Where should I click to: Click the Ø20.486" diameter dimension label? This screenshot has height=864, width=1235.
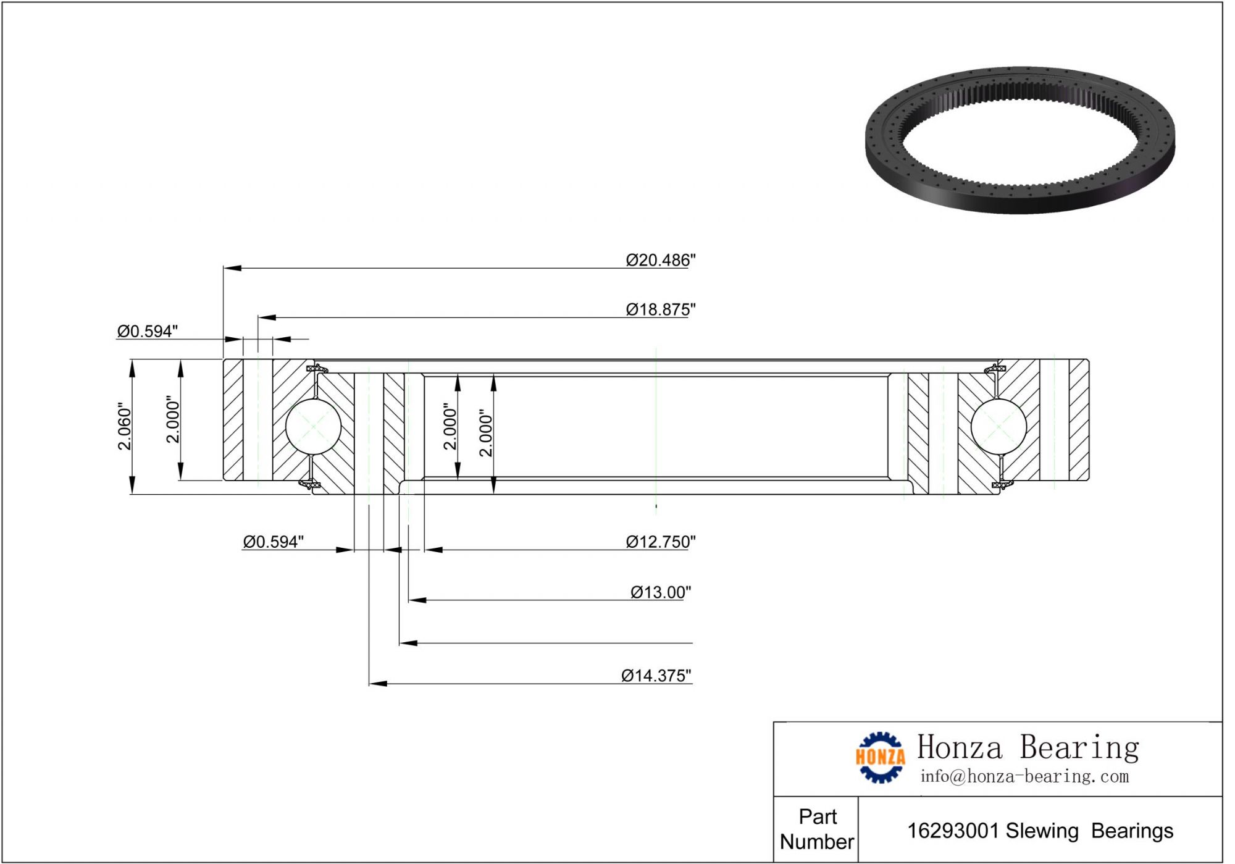[660, 260]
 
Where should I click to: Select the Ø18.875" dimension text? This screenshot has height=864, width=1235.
[660, 309]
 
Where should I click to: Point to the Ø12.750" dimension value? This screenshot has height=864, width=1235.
[660, 542]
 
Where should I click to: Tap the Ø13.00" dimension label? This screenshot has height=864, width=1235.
[660, 592]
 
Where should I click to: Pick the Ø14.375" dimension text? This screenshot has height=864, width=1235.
[656, 676]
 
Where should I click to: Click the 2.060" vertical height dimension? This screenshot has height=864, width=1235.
[125, 427]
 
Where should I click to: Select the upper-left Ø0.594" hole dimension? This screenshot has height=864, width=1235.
[148, 332]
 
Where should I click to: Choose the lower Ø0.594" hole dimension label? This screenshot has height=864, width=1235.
[273, 542]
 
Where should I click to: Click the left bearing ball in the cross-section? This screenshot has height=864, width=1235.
[314, 427]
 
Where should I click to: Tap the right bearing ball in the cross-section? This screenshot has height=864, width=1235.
[998, 427]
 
